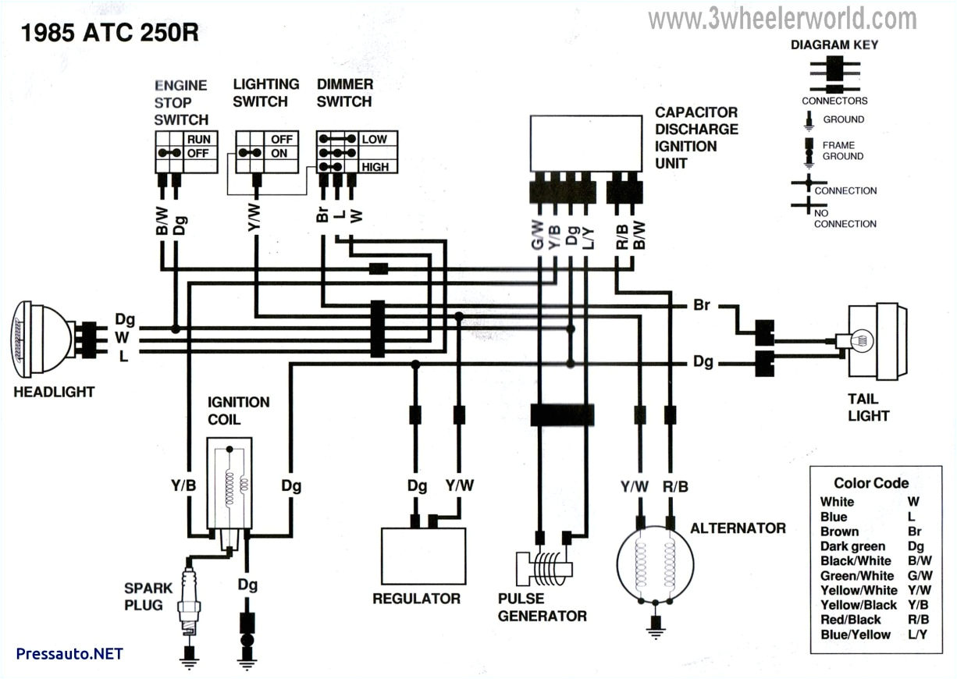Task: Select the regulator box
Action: coord(423,554)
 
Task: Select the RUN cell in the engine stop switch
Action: coord(197,139)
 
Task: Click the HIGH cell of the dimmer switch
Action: coord(374,167)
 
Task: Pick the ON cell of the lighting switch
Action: coord(279,154)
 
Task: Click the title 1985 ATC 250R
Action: coord(109,33)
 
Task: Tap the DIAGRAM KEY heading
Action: coord(834,44)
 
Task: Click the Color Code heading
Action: coord(871,483)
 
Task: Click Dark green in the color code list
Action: coord(852,546)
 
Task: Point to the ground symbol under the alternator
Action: coord(654,624)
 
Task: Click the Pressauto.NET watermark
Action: coord(69,653)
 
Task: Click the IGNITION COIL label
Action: coord(238,411)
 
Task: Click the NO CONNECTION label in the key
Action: coord(845,218)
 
